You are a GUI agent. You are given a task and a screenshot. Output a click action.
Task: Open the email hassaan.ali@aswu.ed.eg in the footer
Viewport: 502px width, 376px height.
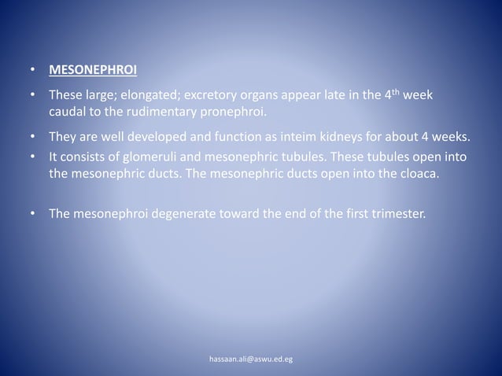(251, 359)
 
